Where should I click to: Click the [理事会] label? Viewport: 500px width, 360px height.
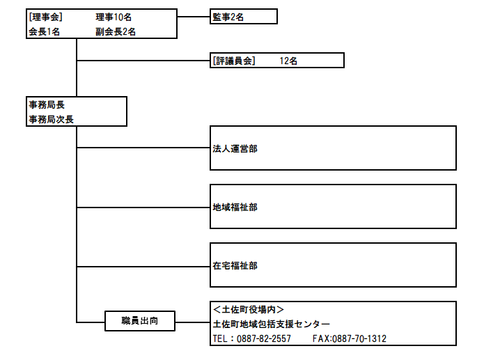[x=45, y=17]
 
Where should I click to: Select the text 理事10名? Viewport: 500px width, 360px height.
[x=114, y=17]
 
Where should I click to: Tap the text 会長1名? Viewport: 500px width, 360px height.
[x=45, y=31]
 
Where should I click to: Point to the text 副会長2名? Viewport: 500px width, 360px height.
[x=116, y=31]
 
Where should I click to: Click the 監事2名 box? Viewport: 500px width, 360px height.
[x=244, y=17]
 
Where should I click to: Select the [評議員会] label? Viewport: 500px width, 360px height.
[x=234, y=61]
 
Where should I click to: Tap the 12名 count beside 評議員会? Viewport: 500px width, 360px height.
[x=288, y=61]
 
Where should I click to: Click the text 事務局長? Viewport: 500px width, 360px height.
[x=47, y=104]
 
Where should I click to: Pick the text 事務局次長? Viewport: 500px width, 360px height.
[x=51, y=119]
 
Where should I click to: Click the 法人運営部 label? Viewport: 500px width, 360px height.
[x=235, y=148]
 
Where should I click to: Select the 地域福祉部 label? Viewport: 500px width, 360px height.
[x=235, y=208]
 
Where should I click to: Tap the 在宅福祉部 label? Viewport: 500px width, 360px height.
[x=235, y=265]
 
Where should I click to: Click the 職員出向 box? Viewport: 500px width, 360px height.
[x=140, y=321]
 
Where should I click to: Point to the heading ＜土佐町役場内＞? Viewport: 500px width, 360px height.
[x=249, y=309]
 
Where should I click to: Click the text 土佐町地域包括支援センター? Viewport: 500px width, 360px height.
[x=272, y=324]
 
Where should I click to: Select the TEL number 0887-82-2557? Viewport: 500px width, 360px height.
[x=264, y=338]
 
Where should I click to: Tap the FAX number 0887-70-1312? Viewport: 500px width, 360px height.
[x=359, y=338]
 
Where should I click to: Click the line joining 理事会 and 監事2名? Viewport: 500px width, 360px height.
[x=194, y=17]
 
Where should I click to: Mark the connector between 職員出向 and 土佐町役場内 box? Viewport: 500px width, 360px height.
[x=193, y=322]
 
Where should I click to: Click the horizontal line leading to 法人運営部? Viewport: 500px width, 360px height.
[x=143, y=148]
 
